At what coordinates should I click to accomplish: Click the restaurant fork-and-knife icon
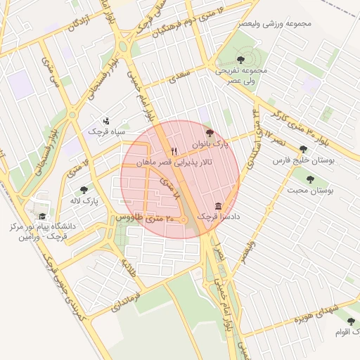tap(174, 151)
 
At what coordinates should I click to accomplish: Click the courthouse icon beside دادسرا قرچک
tap(218, 207)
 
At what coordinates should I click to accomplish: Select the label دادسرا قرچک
tap(218, 217)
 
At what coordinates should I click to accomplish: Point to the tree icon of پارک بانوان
tap(208, 132)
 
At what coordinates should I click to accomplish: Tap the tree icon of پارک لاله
tap(84, 190)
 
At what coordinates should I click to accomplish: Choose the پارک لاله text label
tap(84, 201)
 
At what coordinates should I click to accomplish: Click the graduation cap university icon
tap(42, 217)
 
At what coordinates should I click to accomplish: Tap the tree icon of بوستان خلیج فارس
tap(303, 149)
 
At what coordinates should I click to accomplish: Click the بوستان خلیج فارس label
tap(303, 160)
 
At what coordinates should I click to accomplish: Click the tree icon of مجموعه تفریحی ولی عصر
tap(241, 60)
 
